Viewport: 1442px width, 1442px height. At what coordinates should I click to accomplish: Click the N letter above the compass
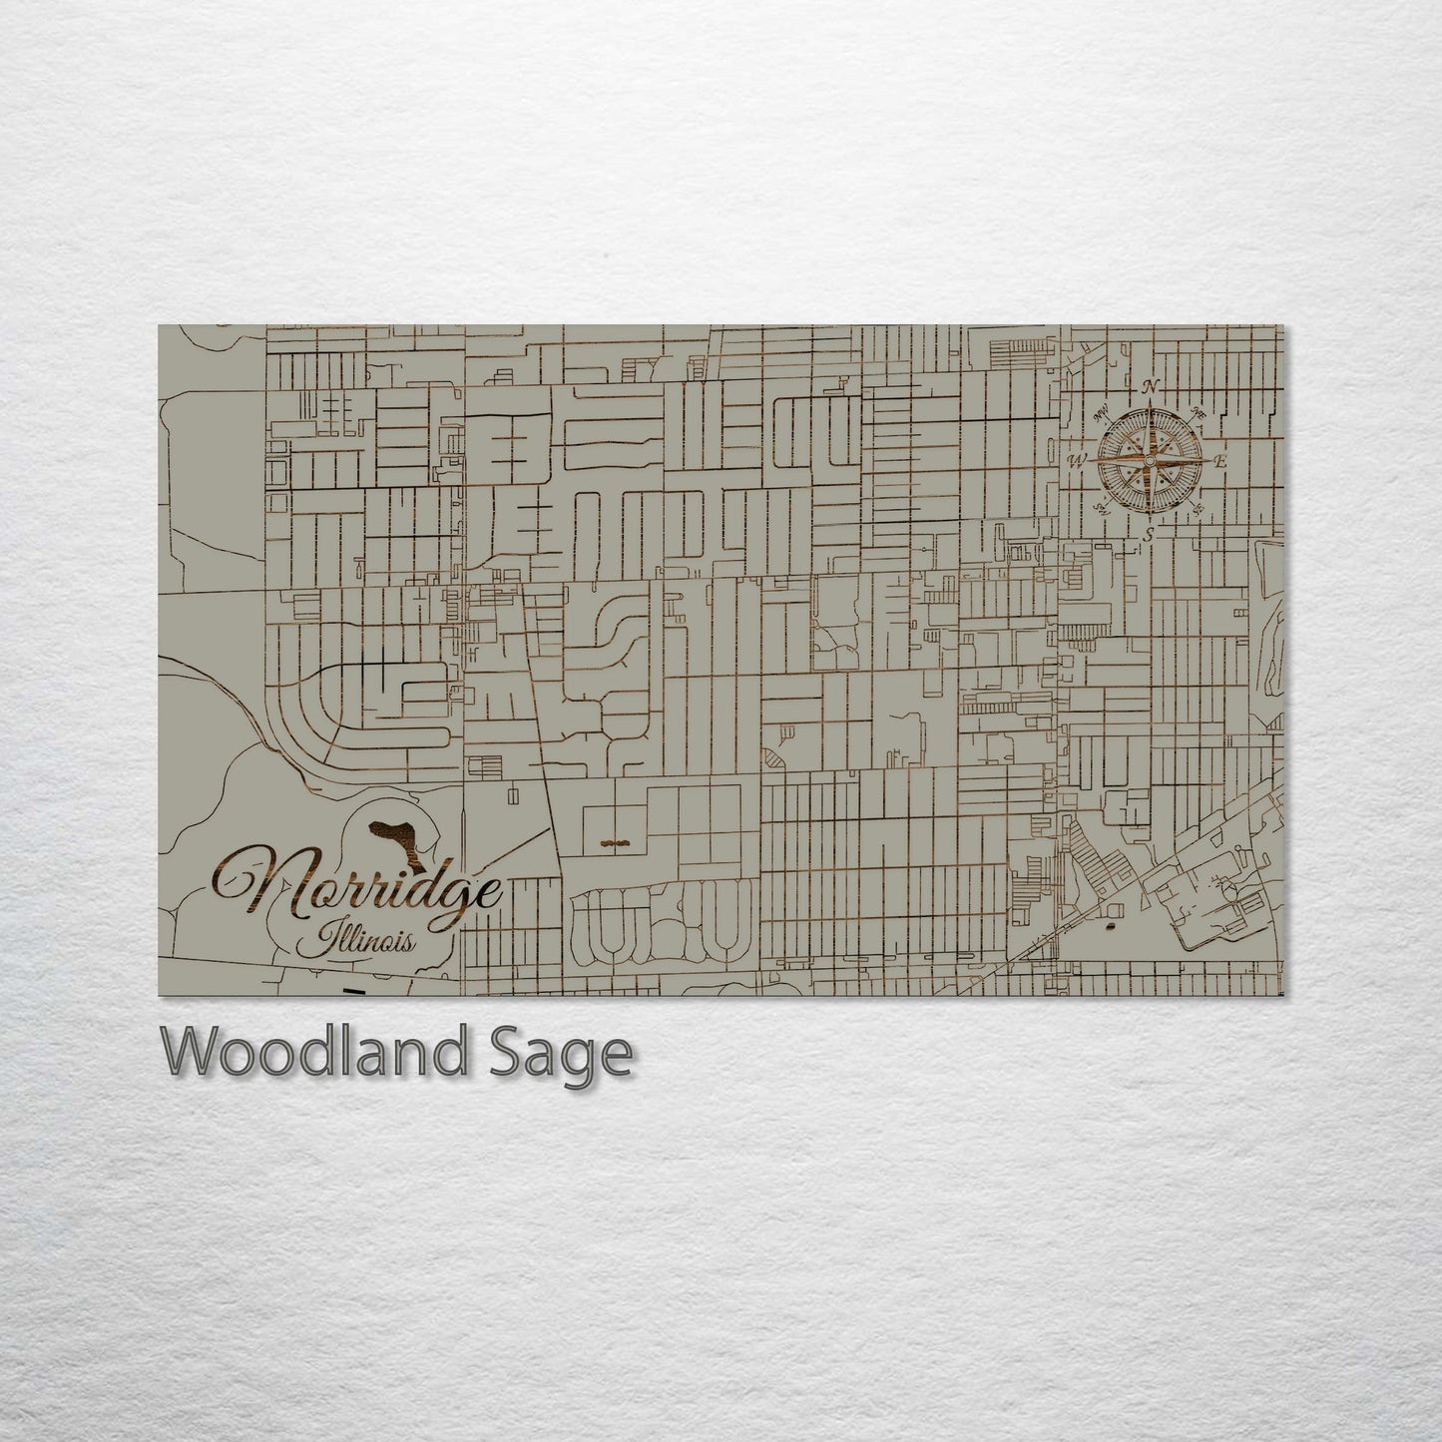(x=1151, y=387)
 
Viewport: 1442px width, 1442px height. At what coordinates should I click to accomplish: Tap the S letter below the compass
(x=1150, y=536)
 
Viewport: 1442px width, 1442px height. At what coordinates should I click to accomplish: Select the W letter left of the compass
(x=1077, y=461)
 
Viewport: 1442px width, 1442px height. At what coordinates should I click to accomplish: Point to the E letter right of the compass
(x=1220, y=461)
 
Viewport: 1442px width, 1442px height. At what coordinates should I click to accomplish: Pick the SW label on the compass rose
(x=1101, y=509)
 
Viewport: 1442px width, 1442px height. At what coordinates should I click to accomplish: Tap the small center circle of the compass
(x=1150, y=461)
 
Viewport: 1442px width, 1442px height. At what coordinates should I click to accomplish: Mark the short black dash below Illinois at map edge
(x=353, y=991)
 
